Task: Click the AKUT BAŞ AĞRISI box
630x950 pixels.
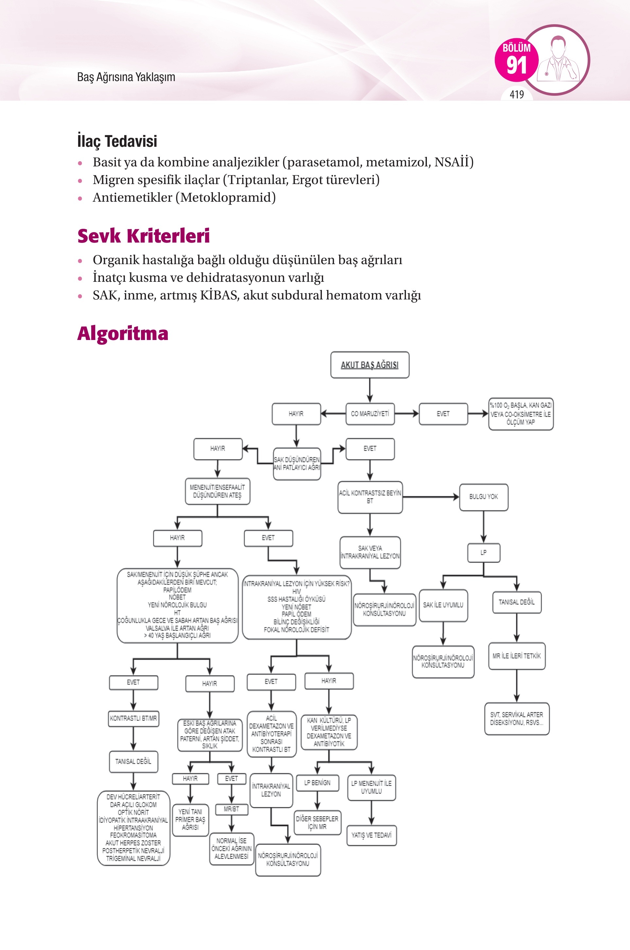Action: pos(370,365)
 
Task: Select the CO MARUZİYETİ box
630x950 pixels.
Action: pos(370,414)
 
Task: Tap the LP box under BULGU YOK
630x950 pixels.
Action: pos(483,552)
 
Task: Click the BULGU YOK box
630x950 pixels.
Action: pos(484,497)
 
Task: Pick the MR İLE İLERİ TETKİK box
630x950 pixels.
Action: pos(517,656)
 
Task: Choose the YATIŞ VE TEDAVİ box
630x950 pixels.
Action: pos(371,835)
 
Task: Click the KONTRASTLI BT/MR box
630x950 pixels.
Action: pos(133,718)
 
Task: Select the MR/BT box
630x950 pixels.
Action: pos(232,809)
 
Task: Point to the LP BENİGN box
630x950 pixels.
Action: pos(317,783)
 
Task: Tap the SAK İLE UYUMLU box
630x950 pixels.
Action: pos(443,605)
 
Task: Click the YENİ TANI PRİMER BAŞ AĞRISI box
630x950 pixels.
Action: pos(190,820)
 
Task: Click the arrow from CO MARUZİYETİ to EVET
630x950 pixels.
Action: pos(407,414)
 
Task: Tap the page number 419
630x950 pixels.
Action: pos(517,94)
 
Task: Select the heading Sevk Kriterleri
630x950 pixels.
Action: pos(144,236)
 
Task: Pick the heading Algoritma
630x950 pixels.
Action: pos(123,333)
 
